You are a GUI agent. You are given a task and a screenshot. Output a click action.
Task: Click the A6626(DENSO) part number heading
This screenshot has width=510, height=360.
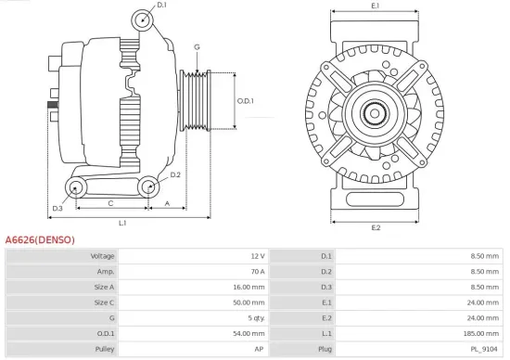(40, 238)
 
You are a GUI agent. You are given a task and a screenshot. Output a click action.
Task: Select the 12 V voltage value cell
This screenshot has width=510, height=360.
(257, 255)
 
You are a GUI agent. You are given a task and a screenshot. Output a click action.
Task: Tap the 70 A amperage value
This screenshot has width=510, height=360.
(257, 271)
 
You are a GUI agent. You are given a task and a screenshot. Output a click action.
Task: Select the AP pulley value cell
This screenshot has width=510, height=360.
(260, 350)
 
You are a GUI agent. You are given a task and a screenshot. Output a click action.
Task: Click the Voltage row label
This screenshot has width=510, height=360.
(102, 255)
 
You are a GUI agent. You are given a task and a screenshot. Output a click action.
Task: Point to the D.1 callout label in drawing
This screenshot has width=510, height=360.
(161, 6)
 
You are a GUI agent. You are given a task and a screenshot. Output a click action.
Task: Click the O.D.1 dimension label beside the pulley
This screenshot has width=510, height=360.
(245, 101)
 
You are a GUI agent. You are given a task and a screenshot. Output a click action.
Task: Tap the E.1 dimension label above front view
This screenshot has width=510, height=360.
(375, 6)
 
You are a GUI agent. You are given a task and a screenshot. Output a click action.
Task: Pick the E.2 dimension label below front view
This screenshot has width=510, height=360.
(375, 227)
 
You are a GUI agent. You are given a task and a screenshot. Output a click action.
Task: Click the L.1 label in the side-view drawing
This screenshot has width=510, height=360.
(122, 223)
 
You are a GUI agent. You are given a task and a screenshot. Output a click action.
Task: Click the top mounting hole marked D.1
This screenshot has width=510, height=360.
(140, 20)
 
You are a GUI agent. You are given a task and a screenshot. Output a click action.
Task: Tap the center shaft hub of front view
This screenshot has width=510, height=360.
(375, 114)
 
